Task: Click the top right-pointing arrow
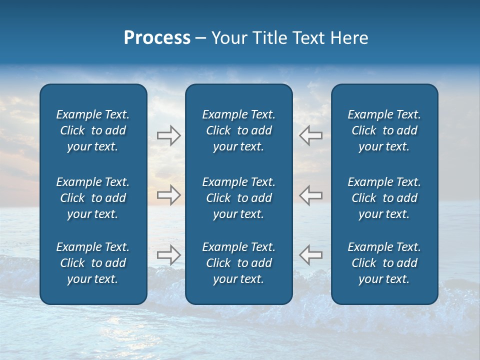pyautogui.click(x=168, y=135)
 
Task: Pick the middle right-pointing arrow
pyautogui.click(x=168, y=194)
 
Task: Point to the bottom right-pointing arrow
pyautogui.click(x=168, y=254)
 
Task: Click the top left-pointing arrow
pyautogui.click(x=310, y=135)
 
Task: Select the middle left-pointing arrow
pyautogui.click(x=310, y=194)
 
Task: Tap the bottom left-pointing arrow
pyautogui.click(x=310, y=254)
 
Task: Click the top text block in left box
pyautogui.click(x=93, y=130)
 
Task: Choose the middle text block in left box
pyautogui.click(x=93, y=198)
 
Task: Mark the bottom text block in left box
pyautogui.click(x=93, y=263)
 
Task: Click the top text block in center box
pyautogui.click(x=238, y=130)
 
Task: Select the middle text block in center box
pyautogui.click(x=238, y=198)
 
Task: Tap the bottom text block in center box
pyautogui.click(x=238, y=263)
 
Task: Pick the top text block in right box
pyautogui.click(x=384, y=130)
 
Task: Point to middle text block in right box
pyautogui.click(x=384, y=198)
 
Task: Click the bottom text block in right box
pyautogui.click(x=384, y=263)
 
